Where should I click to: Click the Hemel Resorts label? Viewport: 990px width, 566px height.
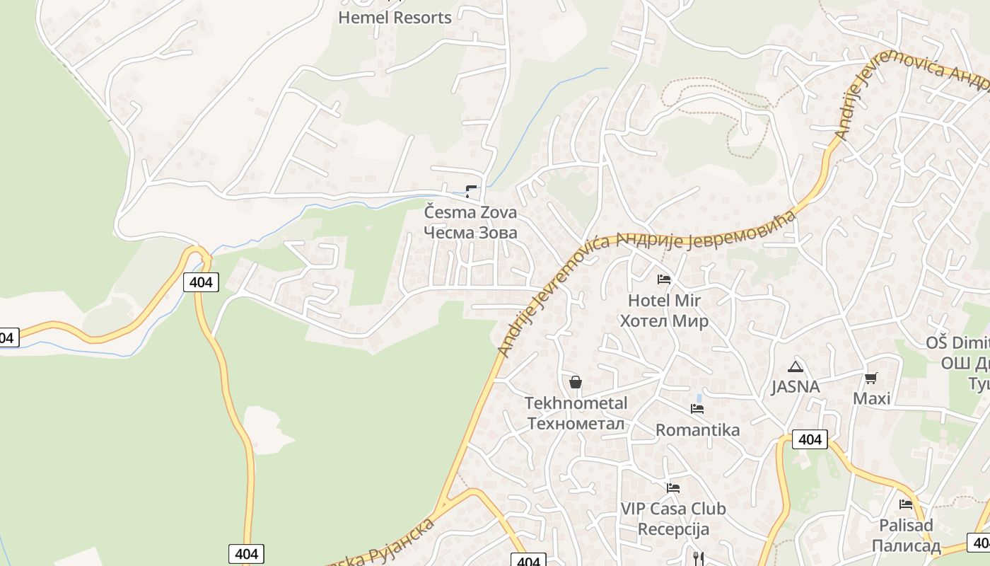click(395, 18)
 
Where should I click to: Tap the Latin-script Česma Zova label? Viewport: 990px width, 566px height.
click(470, 212)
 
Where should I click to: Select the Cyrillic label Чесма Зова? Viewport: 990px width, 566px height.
click(470, 232)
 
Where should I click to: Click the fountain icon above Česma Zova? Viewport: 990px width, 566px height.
click(471, 191)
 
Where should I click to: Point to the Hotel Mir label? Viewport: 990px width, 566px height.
click(664, 300)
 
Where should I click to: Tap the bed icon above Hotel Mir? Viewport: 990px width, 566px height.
click(664, 279)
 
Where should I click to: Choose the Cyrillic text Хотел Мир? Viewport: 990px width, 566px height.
click(664, 321)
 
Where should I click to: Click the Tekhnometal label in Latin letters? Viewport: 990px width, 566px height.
click(576, 403)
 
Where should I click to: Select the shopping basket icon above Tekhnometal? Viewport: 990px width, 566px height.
click(576, 382)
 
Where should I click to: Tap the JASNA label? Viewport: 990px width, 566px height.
click(796, 387)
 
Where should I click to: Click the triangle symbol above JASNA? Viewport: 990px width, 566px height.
click(796, 366)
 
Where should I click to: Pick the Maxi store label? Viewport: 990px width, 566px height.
click(871, 398)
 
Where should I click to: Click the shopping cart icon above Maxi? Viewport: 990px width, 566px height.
click(871, 378)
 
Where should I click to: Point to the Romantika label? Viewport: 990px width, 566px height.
click(697, 430)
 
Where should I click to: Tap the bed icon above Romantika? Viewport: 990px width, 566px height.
click(697, 409)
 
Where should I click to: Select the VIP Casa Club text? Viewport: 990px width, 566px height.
click(673, 509)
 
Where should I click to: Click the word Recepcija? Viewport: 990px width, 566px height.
click(673, 529)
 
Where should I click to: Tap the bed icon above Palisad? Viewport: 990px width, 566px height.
click(906, 504)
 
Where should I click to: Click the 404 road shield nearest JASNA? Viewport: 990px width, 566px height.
click(810, 439)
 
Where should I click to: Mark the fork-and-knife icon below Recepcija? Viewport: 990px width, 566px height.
click(699, 559)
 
